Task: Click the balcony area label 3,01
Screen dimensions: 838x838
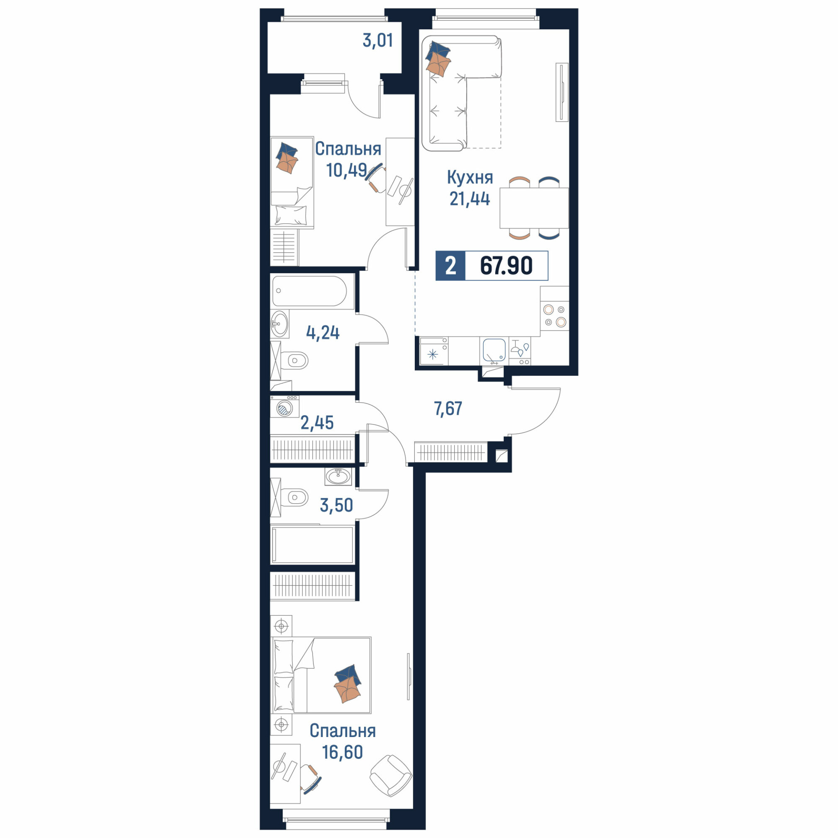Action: pos(378,41)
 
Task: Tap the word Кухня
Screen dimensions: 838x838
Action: pos(470,177)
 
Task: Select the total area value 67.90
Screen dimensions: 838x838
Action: pos(506,266)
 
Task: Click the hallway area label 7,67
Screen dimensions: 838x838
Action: pos(448,409)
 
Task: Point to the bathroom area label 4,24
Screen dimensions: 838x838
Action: pos(323,333)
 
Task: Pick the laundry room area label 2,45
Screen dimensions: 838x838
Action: pos(317,422)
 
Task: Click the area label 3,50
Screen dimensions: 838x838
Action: pos(336,505)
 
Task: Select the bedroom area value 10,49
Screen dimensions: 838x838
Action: pos(347,170)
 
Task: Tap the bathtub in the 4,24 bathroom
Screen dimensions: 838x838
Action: pos(310,291)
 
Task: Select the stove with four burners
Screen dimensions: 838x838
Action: pos(555,316)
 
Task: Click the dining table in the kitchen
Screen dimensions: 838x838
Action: pos(534,208)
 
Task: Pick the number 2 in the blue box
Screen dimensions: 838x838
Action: pos(451,266)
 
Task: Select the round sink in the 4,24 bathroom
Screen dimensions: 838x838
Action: pos(279,323)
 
